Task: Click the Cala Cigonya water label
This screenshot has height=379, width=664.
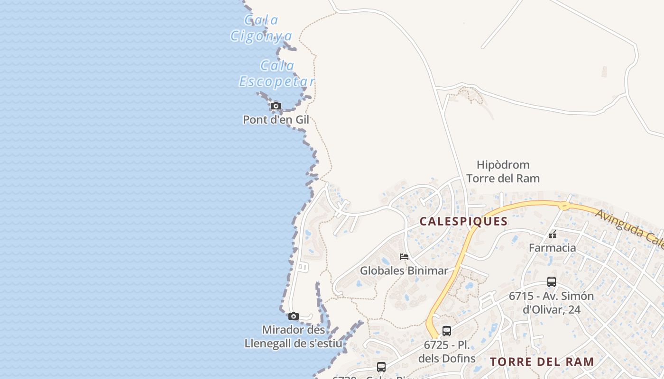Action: (x=261, y=28)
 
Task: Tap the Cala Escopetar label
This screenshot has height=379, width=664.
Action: (x=277, y=73)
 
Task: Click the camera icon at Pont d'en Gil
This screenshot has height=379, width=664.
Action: (x=276, y=106)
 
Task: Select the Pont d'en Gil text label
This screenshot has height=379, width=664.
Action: (x=276, y=120)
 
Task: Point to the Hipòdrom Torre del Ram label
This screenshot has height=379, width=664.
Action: (x=503, y=171)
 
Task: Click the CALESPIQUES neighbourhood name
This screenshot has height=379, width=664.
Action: (x=464, y=221)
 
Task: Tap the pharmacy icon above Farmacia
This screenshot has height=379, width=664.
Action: (x=552, y=235)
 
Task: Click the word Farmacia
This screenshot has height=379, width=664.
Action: (x=553, y=248)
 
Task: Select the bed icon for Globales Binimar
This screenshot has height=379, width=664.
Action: (x=404, y=257)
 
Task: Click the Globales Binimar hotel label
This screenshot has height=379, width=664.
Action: (x=404, y=271)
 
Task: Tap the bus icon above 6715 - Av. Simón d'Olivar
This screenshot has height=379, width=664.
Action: (x=552, y=282)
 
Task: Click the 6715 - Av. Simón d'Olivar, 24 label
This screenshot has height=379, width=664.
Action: (x=552, y=303)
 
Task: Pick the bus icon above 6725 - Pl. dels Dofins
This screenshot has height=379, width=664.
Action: (x=447, y=331)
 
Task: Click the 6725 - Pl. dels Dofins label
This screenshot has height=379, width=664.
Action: (x=447, y=352)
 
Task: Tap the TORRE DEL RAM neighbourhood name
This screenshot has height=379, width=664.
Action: (x=542, y=362)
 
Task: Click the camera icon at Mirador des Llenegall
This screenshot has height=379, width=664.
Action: (x=294, y=316)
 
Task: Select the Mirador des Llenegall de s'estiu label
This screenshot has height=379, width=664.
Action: (x=293, y=336)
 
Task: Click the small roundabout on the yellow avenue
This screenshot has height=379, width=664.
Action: (x=564, y=206)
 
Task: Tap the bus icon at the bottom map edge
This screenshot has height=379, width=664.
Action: (x=381, y=367)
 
